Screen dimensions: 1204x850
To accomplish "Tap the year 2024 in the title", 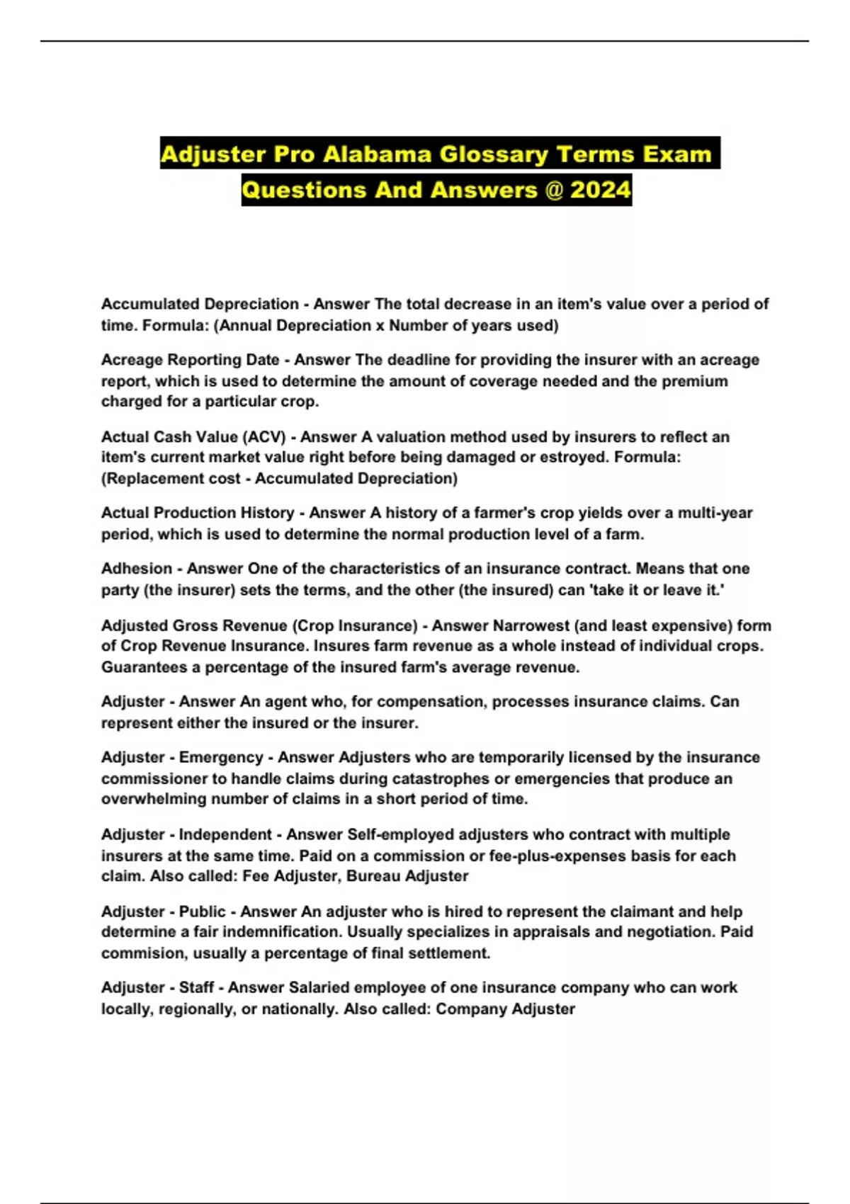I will pos(600,190).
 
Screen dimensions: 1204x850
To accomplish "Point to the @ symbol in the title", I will pos(552,190).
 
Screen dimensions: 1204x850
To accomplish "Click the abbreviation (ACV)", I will pos(263,437).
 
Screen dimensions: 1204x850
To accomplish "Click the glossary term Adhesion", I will pos(137,569).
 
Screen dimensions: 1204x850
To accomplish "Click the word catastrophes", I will pos(442,779).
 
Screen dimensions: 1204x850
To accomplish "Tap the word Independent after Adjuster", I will pos(225,835).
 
